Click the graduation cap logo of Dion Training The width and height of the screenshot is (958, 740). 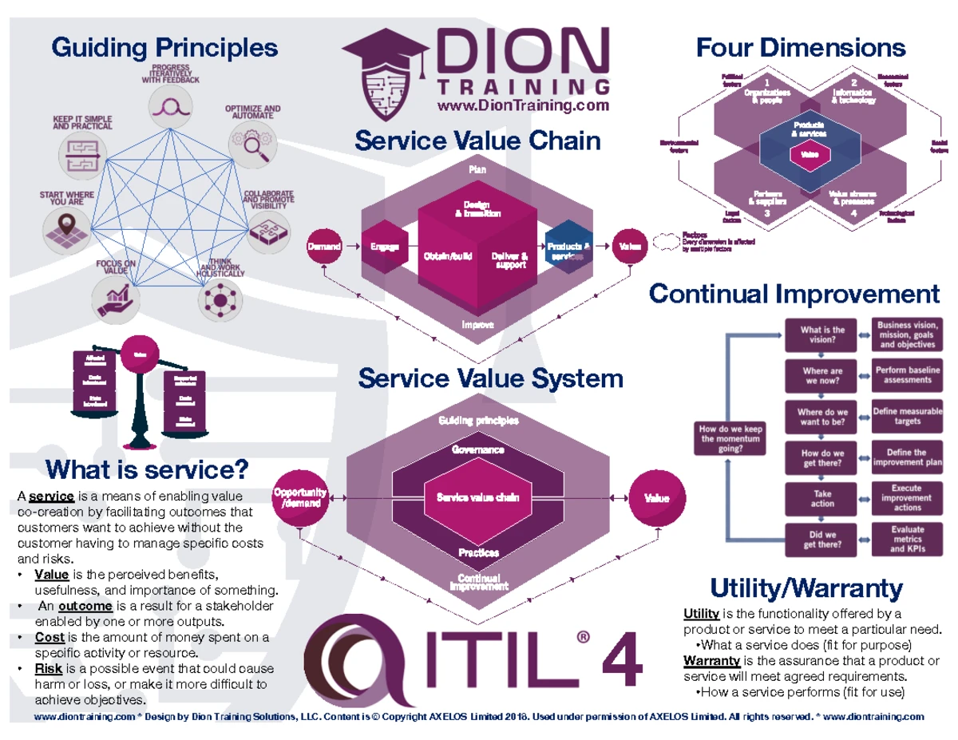point(389,73)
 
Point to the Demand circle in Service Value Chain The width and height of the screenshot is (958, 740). point(326,247)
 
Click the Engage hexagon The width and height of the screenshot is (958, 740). point(385,247)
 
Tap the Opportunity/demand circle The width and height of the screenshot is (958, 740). point(299,497)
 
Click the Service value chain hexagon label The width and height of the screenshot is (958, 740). point(477,497)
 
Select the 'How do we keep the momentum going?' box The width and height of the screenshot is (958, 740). point(730,438)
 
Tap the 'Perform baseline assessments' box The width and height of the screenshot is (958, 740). point(907,375)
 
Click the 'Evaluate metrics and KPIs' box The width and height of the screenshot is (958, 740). point(907,539)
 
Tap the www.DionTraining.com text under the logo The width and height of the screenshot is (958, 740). point(523,105)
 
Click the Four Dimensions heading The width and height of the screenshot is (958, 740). point(800,47)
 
